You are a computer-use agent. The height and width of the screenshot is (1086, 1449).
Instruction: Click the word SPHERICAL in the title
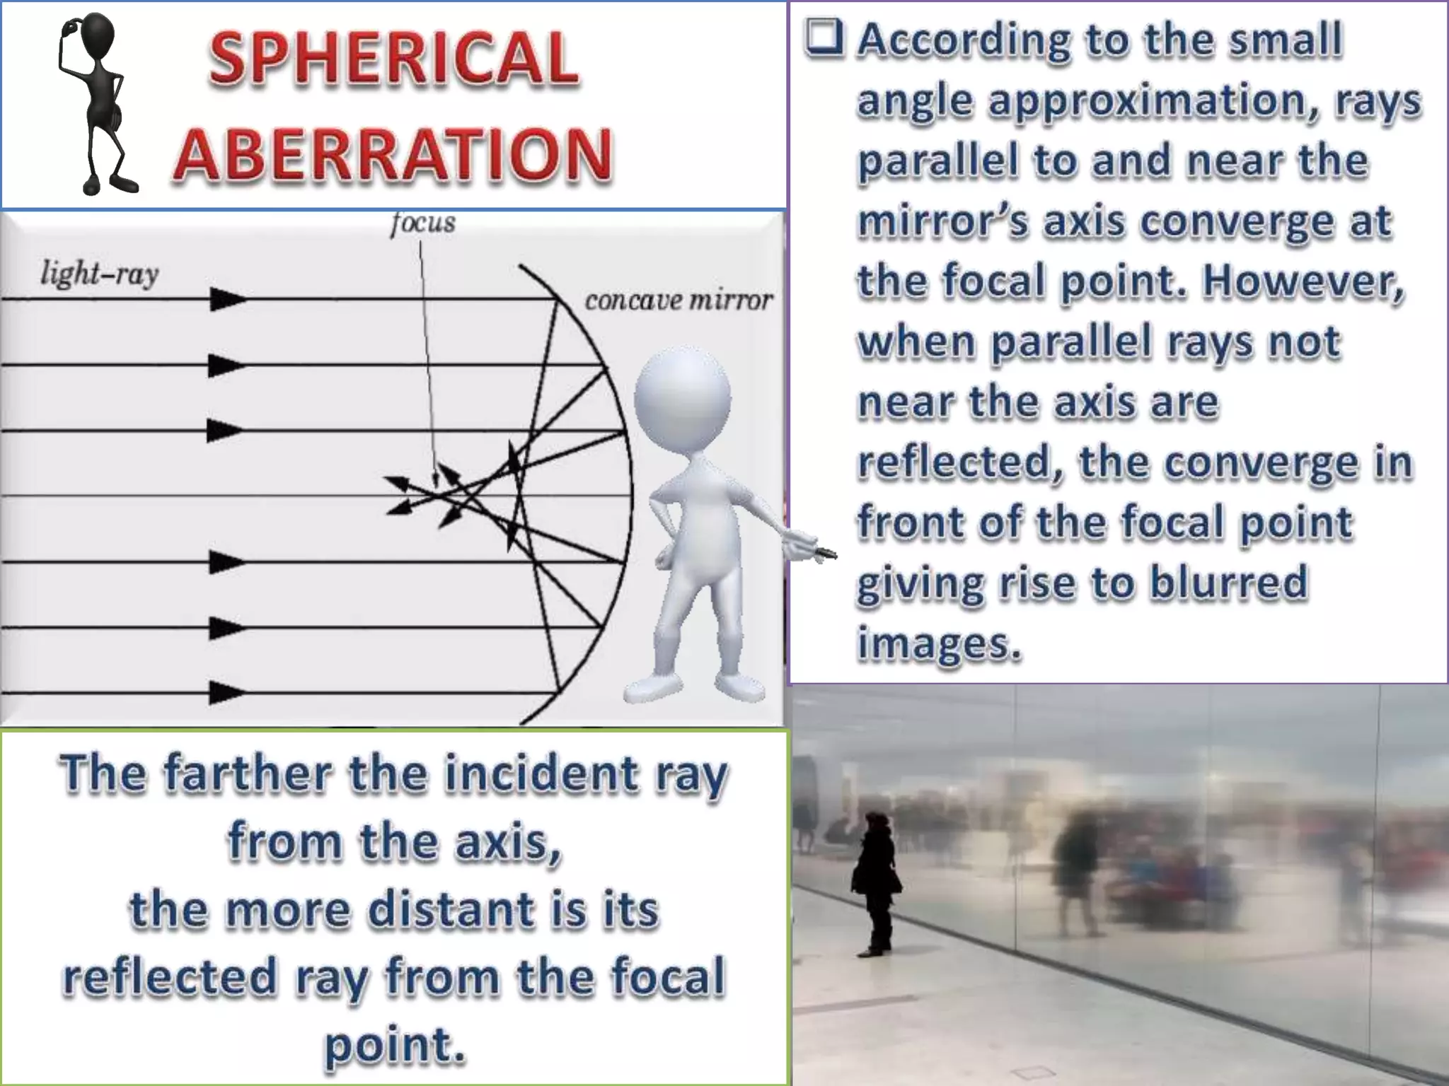393,59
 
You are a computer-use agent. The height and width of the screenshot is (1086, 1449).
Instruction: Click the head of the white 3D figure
682,396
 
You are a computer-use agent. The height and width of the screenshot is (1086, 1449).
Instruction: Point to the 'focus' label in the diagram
423,223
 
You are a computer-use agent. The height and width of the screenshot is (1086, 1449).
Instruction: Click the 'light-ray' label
100,274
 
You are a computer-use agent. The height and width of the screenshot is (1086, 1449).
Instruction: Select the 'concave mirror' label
678,300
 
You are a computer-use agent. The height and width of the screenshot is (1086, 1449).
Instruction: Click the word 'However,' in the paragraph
1303,281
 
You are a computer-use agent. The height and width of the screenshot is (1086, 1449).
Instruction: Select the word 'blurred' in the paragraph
1229,583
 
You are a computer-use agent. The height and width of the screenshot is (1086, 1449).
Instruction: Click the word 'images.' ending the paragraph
939,643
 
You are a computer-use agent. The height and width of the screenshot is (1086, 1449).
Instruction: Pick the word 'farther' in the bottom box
247,773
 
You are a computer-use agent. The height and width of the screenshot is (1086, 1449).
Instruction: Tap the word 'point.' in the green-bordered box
395,1045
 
